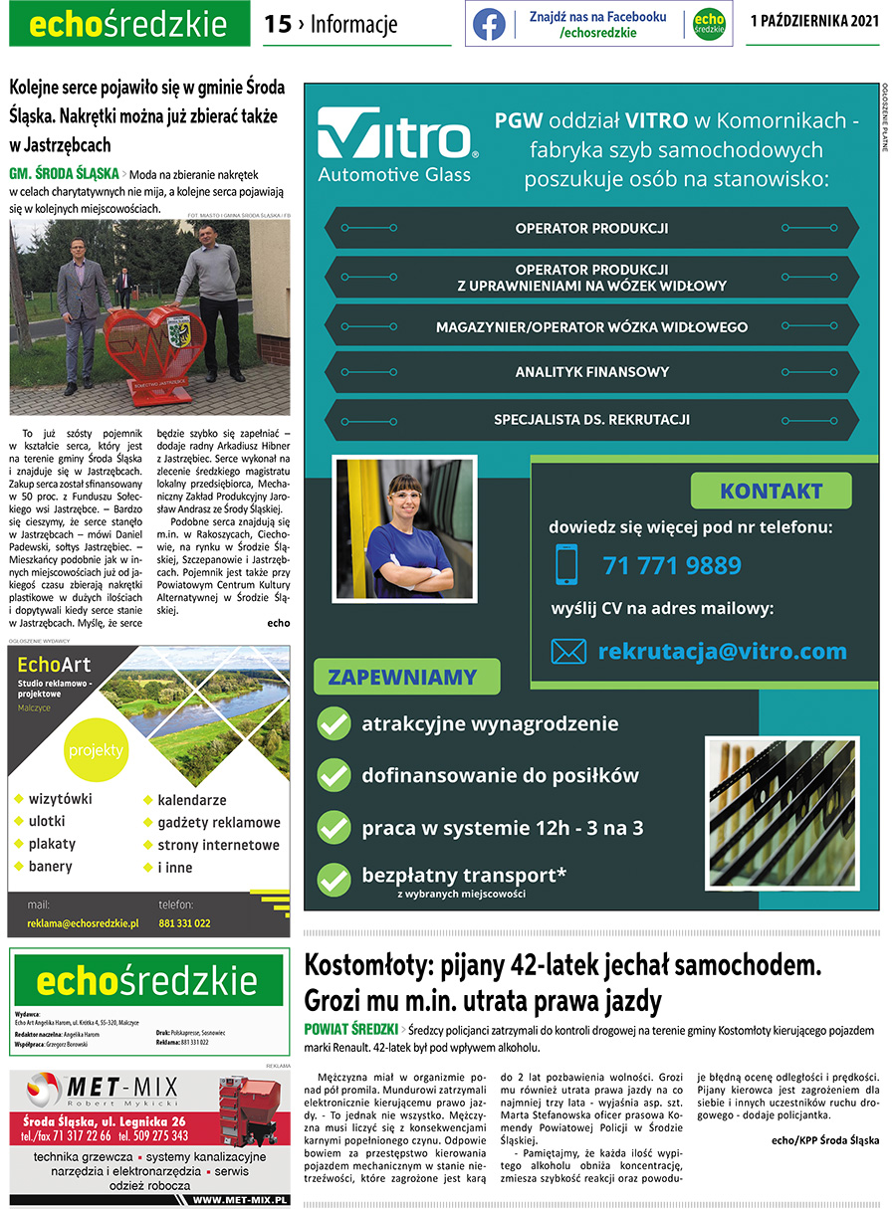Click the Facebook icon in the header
tap(489, 25)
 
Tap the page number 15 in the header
tap(277, 25)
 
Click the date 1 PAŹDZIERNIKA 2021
tap(814, 22)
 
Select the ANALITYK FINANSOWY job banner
tap(591, 372)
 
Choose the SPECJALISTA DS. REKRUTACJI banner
tap(591, 419)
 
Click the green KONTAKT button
tap(771, 491)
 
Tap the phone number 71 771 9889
tap(672, 565)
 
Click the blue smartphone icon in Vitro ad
tap(566, 565)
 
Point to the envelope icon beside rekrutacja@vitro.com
tap(568, 652)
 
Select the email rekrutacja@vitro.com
tap(722, 652)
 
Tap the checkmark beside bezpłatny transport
tap(333, 878)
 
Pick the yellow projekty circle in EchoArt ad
tap(96, 749)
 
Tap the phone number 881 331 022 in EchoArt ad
tap(184, 923)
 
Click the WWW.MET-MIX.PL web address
tap(240, 1200)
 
